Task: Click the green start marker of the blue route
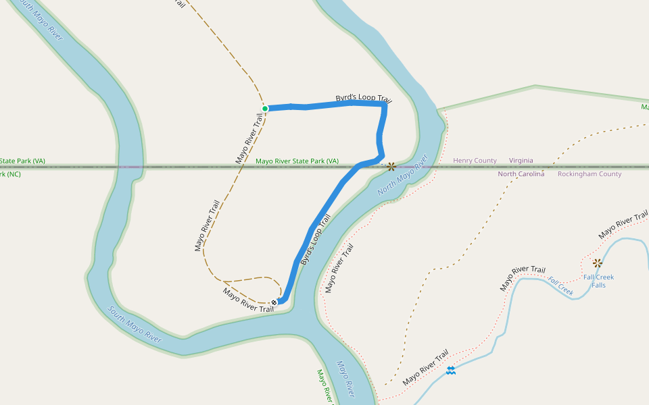pyautogui.click(x=265, y=108)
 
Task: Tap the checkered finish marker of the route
pyautogui.click(x=274, y=302)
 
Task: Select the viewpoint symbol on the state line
pyautogui.click(x=391, y=165)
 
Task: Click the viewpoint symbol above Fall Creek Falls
pyautogui.click(x=597, y=263)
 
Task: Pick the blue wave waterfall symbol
pyautogui.click(x=451, y=371)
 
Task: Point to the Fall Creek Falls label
pyautogui.click(x=598, y=281)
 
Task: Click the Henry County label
pyautogui.click(x=475, y=161)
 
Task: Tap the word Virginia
pyautogui.click(x=521, y=161)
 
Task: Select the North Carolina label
pyautogui.click(x=521, y=174)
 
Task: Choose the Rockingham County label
pyautogui.click(x=590, y=174)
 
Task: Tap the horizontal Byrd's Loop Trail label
pyautogui.click(x=364, y=98)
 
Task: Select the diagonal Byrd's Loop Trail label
pyautogui.click(x=316, y=239)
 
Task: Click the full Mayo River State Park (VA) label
pyautogui.click(x=297, y=161)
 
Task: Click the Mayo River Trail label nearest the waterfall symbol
pyautogui.click(x=426, y=368)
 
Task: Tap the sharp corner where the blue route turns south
pyautogui.click(x=384, y=105)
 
